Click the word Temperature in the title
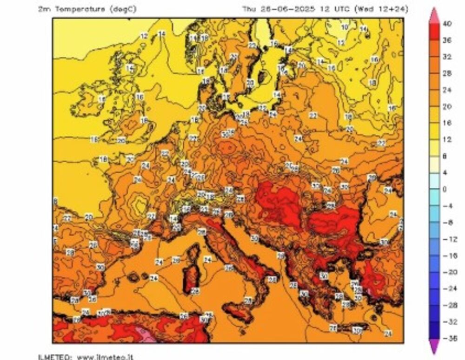coord(81,9)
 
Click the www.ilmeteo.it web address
coord(105,357)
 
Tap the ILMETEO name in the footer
coord(54,357)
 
